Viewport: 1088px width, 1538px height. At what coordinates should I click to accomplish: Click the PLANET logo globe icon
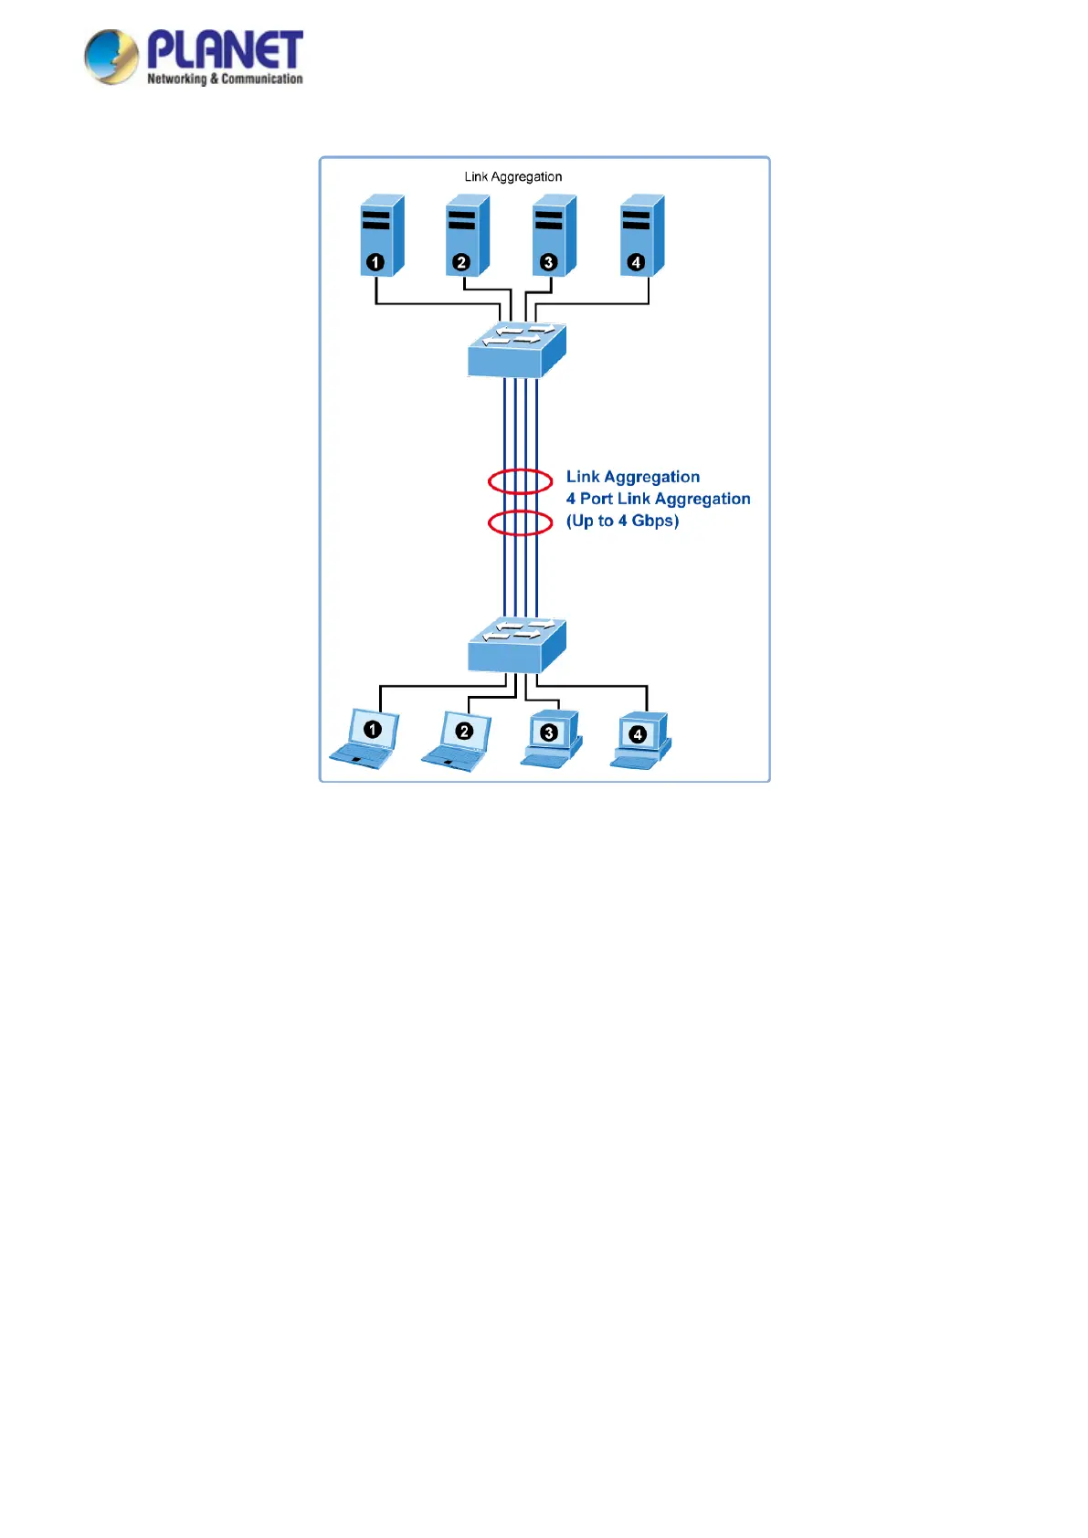(111, 57)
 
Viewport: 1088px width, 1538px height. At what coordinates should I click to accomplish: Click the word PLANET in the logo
(225, 49)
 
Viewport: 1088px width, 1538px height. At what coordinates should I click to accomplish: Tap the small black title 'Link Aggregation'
(512, 177)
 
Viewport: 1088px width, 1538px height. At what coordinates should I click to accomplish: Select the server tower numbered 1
(381, 235)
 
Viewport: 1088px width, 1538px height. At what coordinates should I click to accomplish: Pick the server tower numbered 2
(467, 235)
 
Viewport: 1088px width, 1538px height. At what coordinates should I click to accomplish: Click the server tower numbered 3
(554, 235)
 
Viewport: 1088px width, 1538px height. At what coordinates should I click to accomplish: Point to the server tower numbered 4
(641, 235)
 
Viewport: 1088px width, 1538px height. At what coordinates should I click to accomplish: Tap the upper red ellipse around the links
(520, 480)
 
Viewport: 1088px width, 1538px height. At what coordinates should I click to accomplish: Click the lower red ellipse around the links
(520, 522)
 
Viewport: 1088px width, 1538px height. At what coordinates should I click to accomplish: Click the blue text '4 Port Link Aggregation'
(658, 499)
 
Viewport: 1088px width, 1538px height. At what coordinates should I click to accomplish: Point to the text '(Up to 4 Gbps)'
(622, 521)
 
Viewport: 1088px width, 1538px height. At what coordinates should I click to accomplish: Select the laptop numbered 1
(366, 739)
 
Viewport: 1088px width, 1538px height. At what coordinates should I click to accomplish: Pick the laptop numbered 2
(459, 741)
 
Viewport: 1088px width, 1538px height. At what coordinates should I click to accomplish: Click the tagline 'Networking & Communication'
(225, 79)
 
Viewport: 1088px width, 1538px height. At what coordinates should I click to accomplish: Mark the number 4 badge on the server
(636, 263)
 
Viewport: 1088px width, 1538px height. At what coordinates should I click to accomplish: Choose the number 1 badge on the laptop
(372, 730)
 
